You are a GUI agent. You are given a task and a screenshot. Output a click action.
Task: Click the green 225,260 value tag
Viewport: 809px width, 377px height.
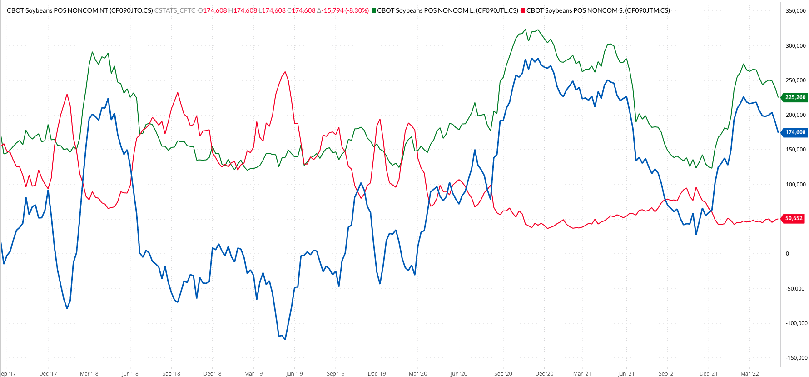coord(795,97)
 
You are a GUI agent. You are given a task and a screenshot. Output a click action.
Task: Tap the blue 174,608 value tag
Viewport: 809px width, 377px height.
coord(795,132)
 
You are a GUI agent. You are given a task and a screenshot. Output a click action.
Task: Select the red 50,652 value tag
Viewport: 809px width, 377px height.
coord(794,218)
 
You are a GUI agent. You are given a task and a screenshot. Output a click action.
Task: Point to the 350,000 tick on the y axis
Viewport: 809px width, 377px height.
coord(795,11)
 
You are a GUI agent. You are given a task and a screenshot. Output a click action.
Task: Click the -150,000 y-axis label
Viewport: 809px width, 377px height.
coord(796,358)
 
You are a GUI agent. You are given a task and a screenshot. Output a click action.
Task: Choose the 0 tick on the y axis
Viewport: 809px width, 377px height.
coord(788,254)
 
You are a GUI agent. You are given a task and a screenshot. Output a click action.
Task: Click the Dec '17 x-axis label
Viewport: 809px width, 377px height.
coord(48,374)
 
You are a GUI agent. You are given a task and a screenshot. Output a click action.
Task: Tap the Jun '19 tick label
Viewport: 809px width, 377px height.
coord(294,374)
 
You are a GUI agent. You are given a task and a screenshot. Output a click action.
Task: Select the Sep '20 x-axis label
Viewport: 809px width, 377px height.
coord(503,374)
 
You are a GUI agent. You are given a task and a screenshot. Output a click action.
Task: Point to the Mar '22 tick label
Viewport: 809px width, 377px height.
coord(749,374)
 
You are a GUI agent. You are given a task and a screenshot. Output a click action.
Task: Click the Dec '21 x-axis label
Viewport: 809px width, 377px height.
coord(708,374)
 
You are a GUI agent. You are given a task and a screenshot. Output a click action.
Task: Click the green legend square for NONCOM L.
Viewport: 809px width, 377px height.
coord(374,10)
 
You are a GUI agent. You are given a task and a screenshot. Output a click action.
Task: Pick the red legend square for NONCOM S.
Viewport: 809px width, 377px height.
coord(523,10)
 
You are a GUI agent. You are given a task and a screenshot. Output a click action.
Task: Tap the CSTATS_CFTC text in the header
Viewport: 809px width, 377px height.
coord(175,10)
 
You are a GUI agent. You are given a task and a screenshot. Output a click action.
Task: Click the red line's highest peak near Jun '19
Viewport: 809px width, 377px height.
coord(285,72)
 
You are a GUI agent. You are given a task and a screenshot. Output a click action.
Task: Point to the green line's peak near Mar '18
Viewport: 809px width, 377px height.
coord(92,52)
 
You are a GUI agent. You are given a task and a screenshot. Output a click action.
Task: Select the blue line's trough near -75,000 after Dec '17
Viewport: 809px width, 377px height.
coord(67,308)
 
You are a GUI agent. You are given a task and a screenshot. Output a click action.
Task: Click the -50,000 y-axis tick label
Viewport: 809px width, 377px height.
coord(795,289)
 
